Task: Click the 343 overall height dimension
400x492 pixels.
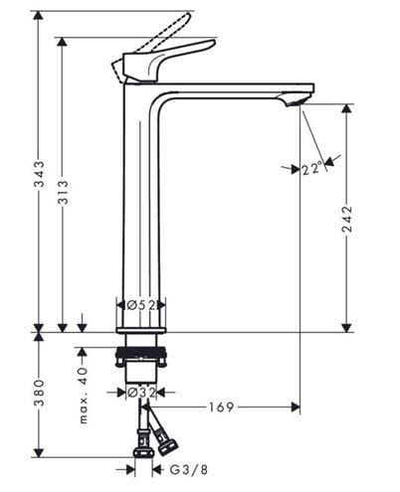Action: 40,174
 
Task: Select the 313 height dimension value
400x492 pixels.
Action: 63,192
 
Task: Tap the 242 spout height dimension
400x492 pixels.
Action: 347,219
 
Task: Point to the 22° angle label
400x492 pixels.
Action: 312,169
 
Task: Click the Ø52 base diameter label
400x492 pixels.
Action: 141,305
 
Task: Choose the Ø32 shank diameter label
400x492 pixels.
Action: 141,393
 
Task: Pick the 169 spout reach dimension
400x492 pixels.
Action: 221,407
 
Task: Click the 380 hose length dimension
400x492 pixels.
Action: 40,394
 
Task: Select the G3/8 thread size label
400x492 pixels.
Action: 189,469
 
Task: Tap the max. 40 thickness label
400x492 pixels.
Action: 84,396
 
